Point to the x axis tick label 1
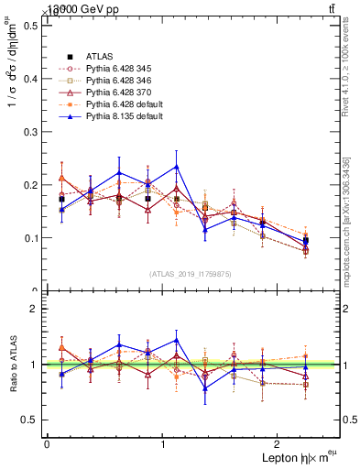(163, 443)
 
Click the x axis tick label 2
(279, 443)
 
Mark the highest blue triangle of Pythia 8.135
(176, 167)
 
